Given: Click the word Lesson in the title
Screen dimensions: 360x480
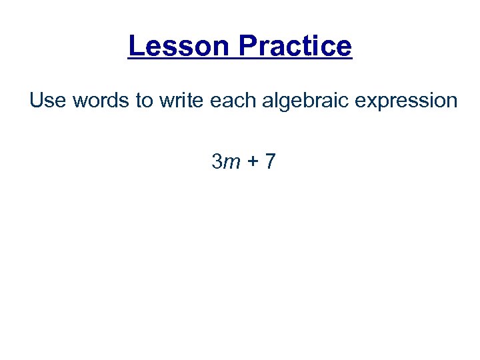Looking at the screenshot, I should click(x=179, y=46).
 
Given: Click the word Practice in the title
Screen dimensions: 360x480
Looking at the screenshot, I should click(x=294, y=46).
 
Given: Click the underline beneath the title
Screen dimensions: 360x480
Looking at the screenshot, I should click(x=240, y=60).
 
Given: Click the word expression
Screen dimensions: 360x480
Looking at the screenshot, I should click(x=403, y=101).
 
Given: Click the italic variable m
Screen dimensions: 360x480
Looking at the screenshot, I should click(x=231, y=162).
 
